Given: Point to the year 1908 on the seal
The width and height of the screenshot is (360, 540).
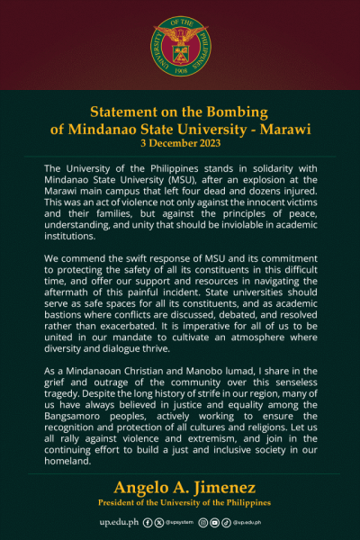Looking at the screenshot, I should [x=180, y=68].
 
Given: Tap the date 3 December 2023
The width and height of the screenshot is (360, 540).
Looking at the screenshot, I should [x=180, y=143].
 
